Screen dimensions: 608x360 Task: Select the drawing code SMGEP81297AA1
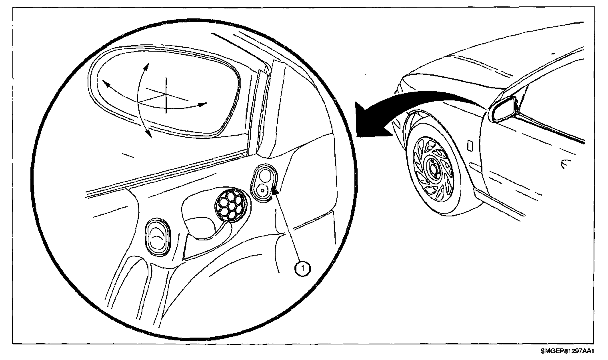566,352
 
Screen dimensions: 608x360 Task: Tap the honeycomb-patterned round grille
230,204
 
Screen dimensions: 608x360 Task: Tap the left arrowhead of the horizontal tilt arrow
106,83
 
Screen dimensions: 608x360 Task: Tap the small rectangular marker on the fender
471,145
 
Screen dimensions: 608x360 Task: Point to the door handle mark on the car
566,163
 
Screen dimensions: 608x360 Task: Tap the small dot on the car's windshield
553,53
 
